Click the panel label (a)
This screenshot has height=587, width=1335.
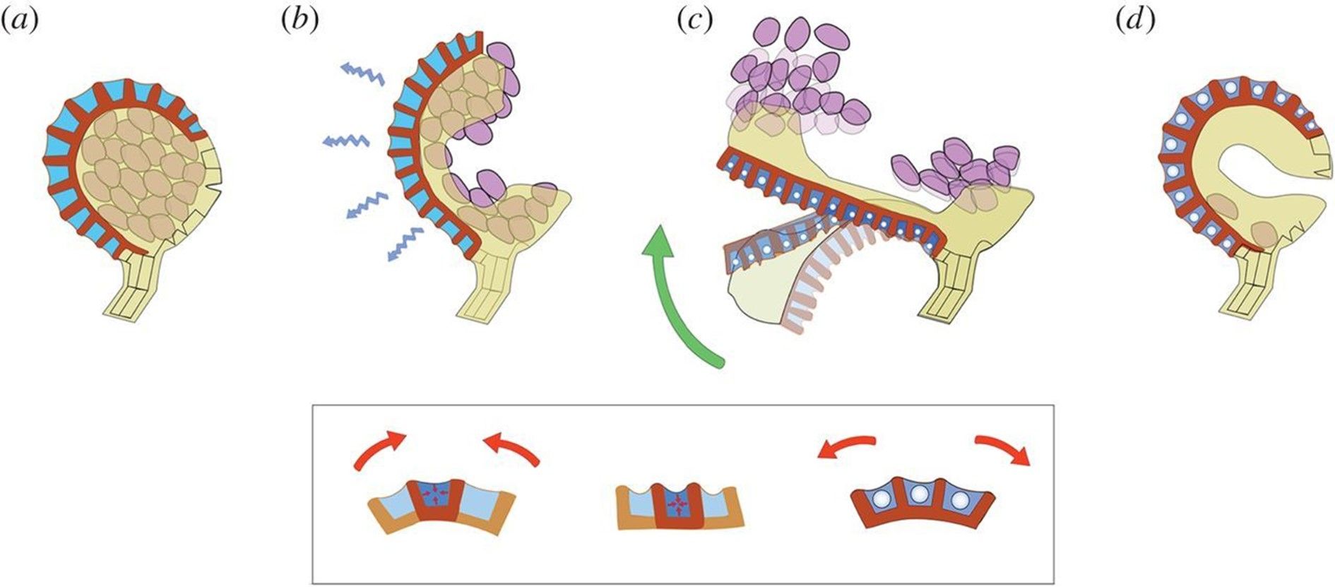(19, 21)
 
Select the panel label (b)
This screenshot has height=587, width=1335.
(299, 21)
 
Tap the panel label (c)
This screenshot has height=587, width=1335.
(694, 21)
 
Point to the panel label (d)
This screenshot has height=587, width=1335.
(1135, 21)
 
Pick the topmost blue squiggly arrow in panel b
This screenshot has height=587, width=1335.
(362, 73)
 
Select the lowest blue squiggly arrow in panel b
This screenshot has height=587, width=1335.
(405, 244)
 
